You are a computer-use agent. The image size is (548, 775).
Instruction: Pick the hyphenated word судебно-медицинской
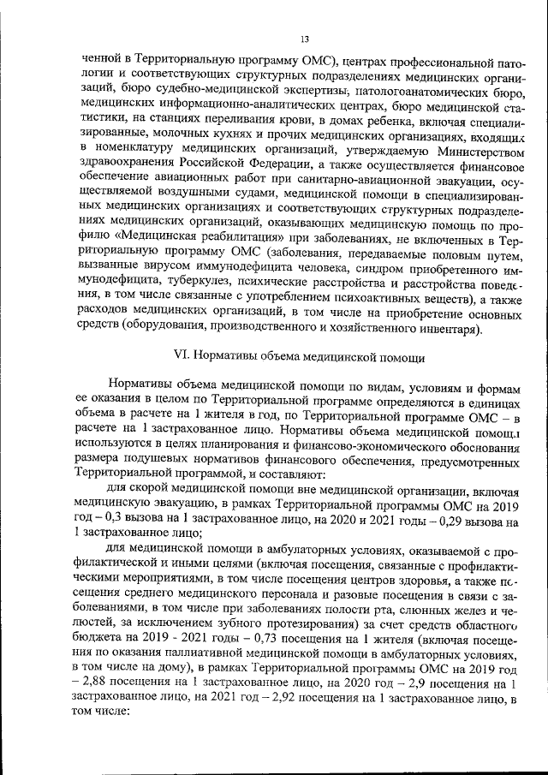click(x=210, y=92)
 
